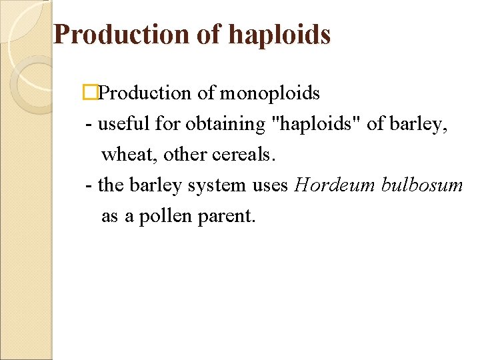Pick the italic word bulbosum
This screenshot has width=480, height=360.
[422, 185]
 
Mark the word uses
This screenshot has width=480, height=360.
[270, 185]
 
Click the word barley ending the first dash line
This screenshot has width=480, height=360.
[419, 125]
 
